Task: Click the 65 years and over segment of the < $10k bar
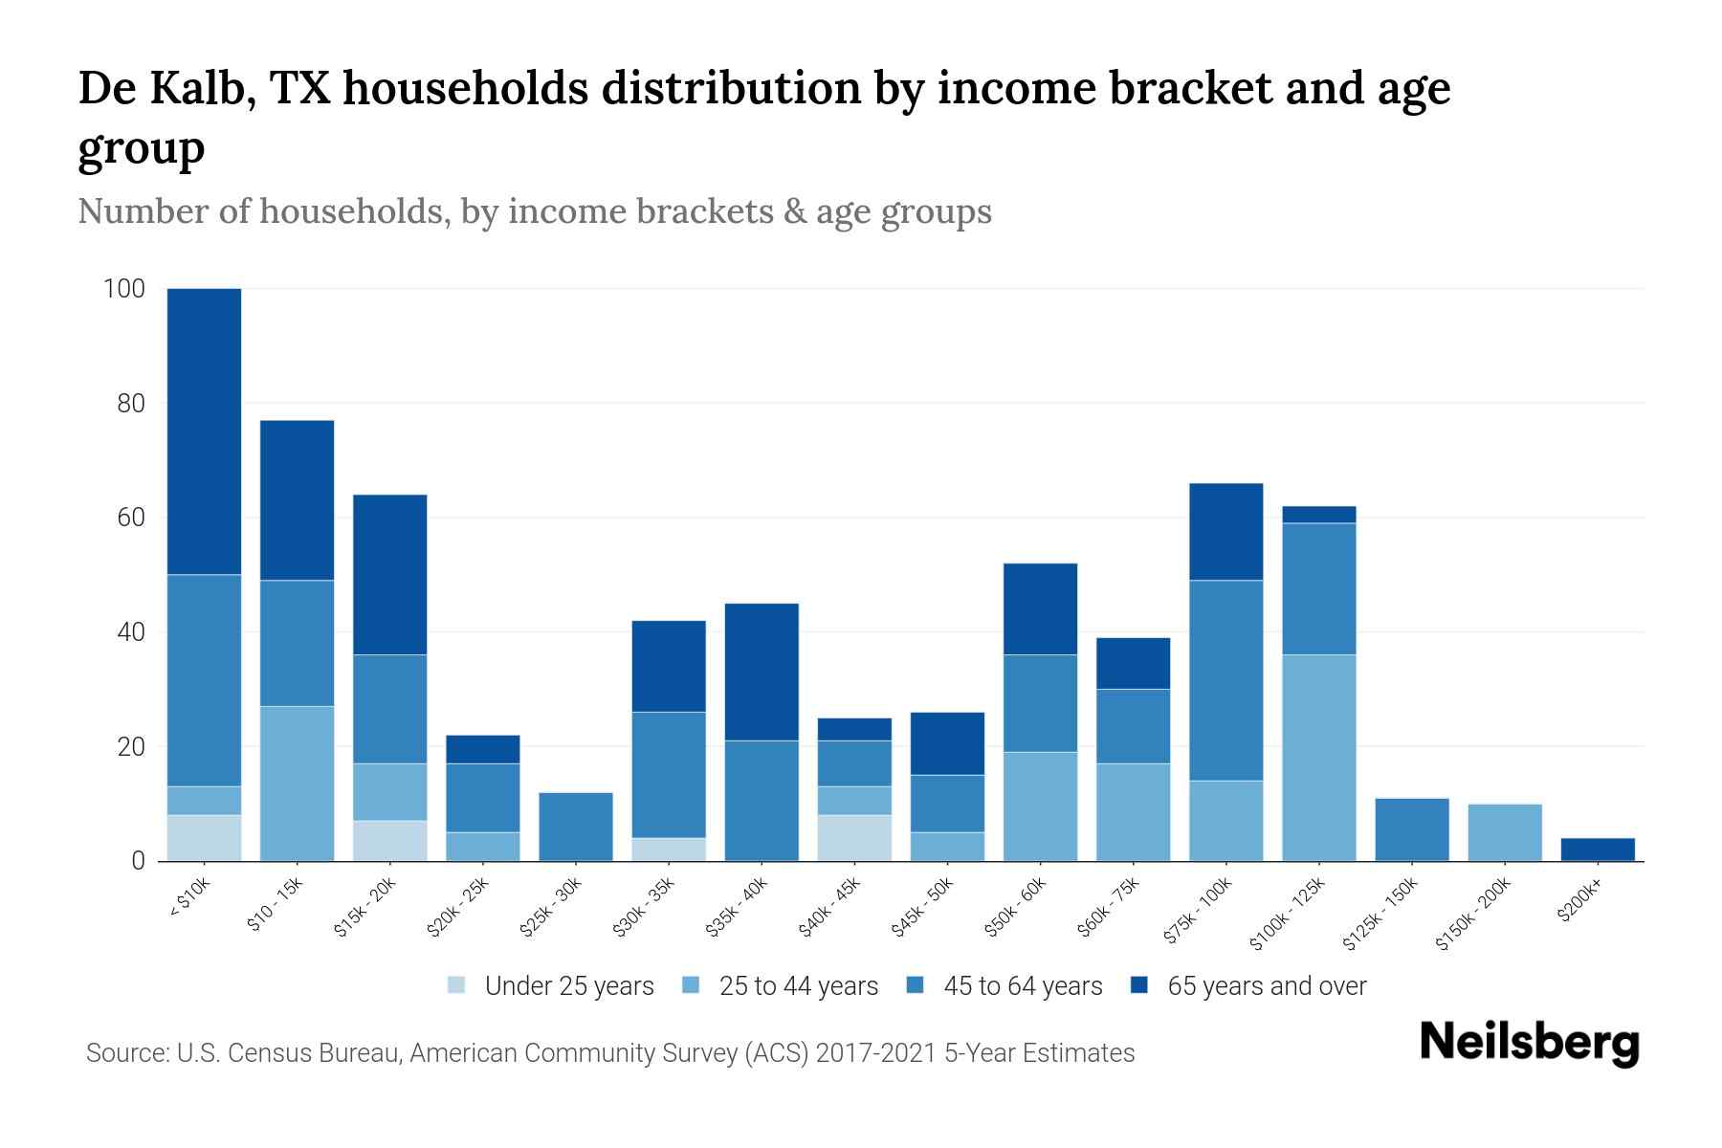204,431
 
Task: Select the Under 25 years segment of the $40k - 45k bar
854,837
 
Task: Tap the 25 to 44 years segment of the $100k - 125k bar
1319,758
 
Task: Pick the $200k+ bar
1598,850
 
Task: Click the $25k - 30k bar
576,827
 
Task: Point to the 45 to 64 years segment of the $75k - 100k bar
1225,680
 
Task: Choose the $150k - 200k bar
1505,832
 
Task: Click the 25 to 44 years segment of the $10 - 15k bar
297,784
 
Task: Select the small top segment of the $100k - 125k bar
1319,515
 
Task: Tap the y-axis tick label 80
131,404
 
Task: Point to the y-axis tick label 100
124,289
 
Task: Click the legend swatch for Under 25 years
456,985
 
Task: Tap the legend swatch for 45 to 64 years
916,985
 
